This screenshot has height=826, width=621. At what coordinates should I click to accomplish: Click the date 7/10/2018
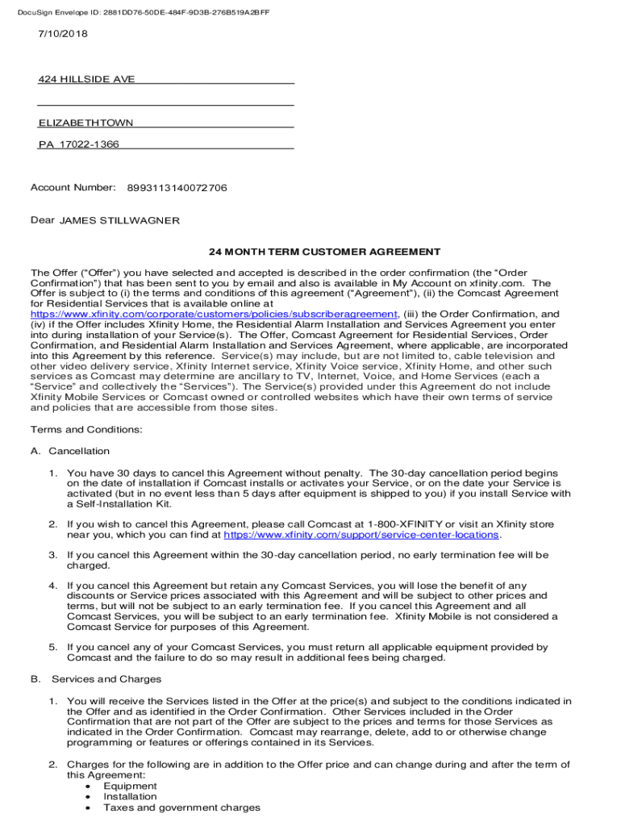(x=63, y=34)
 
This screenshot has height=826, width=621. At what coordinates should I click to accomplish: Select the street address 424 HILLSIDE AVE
(x=87, y=79)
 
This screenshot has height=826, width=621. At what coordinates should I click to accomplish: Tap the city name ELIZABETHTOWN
(x=86, y=123)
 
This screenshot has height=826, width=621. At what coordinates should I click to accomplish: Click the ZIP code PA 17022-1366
(x=79, y=145)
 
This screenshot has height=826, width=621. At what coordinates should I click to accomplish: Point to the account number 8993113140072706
(x=177, y=188)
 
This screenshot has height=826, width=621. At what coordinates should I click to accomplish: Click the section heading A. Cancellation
(x=70, y=451)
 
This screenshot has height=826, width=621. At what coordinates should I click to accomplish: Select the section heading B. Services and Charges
(x=96, y=679)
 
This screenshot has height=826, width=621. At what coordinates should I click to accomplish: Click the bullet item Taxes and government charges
(x=181, y=808)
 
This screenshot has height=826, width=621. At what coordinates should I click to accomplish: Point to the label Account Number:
(x=73, y=188)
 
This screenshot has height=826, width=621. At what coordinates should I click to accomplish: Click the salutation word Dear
(x=42, y=221)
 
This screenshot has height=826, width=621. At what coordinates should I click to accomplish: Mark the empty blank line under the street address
(x=165, y=101)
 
